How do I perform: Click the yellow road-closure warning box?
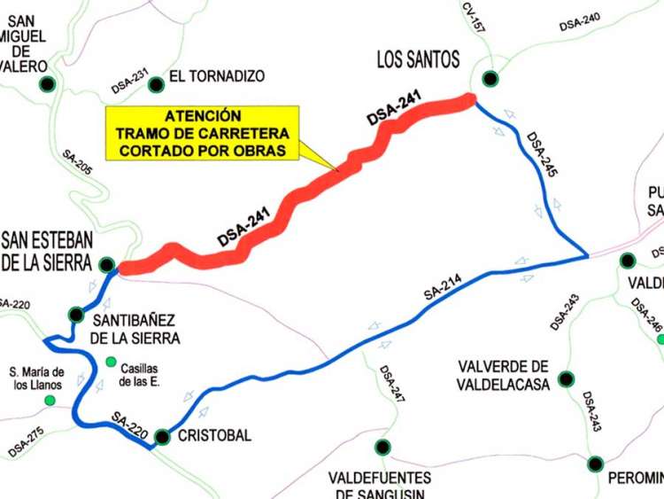202,134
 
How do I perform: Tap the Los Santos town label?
418,60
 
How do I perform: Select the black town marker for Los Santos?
489,77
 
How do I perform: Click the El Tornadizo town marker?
157,84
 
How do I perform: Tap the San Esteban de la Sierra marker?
106,264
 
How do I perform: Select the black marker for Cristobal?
162,437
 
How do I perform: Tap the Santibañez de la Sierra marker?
77,314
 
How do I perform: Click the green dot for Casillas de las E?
111,361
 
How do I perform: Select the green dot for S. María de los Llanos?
50,401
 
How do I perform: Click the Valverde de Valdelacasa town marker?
566,381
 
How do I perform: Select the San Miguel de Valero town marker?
46,84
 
